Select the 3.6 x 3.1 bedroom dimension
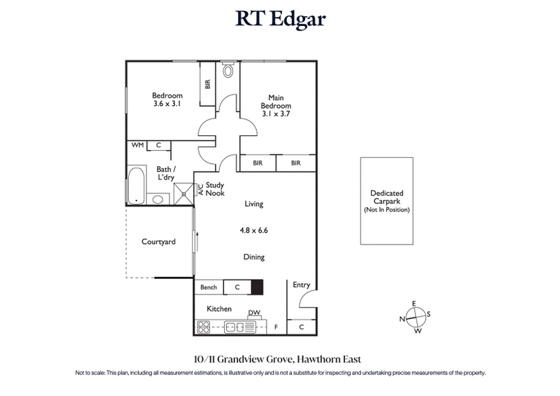tap(167, 104)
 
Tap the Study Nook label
tap(214, 189)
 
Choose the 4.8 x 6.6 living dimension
tap(253, 228)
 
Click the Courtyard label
tap(158, 242)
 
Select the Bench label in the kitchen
tap(209, 287)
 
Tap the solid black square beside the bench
tap(257, 287)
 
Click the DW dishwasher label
tap(253, 313)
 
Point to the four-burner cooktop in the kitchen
tap(204, 326)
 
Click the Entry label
tap(301, 285)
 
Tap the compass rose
tap(416, 317)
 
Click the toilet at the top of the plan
tap(227, 71)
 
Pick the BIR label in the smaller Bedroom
tap(207, 83)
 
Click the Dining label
tap(253, 257)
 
